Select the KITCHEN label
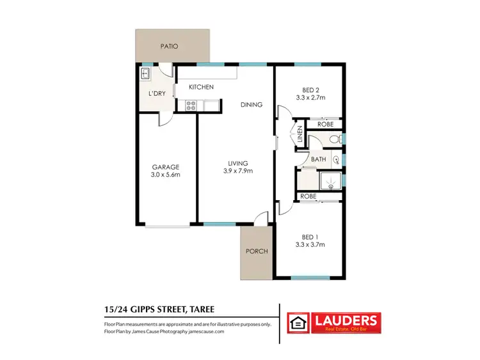(x=200, y=87)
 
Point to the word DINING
(x=251, y=104)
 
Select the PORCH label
(x=257, y=251)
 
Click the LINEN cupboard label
(x=300, y=136)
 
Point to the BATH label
(x=319, y=159)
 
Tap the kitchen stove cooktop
(x=190, y=106)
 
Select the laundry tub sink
(x=145, y=74)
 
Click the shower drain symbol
(x=331, y=182)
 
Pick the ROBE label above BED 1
(x=308, y=196)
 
